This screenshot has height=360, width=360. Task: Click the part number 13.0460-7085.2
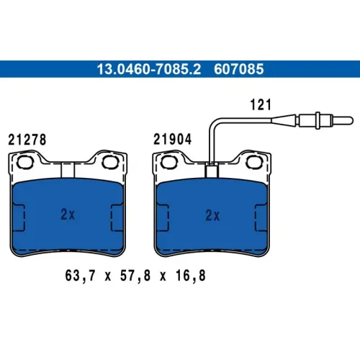click(x=149, y=69)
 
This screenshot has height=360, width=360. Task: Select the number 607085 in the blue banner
click(x=239, y=69)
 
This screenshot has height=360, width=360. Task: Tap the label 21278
click(x=27, y=140)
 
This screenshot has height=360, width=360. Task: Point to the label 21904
click(x=172, y=139)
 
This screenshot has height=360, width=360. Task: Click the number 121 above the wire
click(x=261, y=104)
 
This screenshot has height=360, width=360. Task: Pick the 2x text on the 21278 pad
click(x=68, y=215)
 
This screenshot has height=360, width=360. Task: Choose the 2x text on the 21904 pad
click(x=212, y=215)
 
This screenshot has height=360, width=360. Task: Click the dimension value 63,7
click(x=80, y=276)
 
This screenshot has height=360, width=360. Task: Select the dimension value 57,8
click(x=135, y=276)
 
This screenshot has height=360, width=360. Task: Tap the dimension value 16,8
click(x=191, y=276)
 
